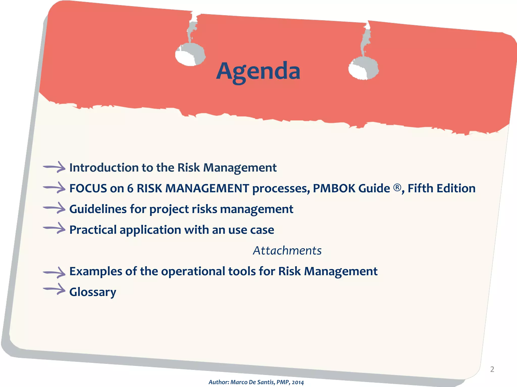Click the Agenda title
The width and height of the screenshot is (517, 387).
pyautogui.click(x=258, y=71)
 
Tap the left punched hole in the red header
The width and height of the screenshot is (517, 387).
pyautogui.click(x=190, y=54)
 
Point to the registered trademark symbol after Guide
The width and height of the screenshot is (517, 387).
pyautogui.click(x=397, y=187)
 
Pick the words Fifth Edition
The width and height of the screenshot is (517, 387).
pyautogui.click(x=442, y=188)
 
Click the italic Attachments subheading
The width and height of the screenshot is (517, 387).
pyautogui.click(x=287, y=250)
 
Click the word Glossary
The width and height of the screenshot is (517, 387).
pyautogui.click(x=93, y=292)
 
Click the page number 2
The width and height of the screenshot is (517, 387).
pyautogui.click(x=492, y=369)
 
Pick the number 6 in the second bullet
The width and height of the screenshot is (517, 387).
pyautogui.click(x=130, y=188)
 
